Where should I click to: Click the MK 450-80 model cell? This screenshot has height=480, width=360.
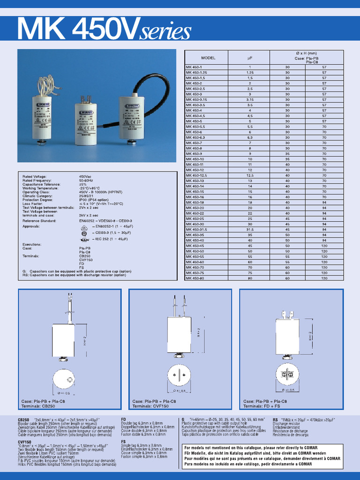195,278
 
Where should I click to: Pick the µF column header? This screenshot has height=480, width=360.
249,58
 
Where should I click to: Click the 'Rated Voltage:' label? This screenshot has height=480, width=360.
35,177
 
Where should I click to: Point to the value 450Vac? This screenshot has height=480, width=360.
85,177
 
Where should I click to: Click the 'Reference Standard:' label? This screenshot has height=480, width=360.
40,220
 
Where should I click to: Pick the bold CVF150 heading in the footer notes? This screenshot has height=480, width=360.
25,442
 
